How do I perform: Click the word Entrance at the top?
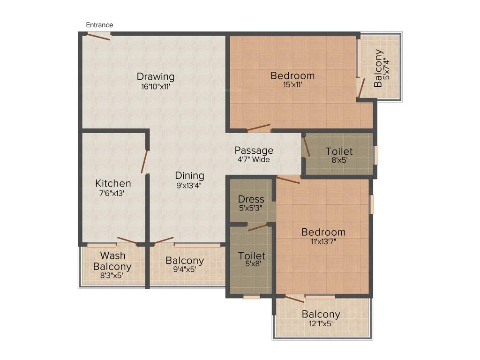tap(99, 25)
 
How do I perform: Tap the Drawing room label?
tap(156, 76)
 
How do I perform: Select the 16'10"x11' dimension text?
tap(156, 86)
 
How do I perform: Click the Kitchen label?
tap(113, 183)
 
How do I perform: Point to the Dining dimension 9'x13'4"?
tap(190, 185)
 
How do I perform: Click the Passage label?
tap(254, 150)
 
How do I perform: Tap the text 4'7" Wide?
tap(254, 159)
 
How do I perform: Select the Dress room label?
tap(251, 199)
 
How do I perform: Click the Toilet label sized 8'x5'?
tap(339, 151)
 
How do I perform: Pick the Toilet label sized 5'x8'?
tap(252, 256)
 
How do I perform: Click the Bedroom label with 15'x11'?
tap(292, 75)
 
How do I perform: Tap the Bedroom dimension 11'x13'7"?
tap(323, 241)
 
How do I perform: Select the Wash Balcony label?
tap(112, 261)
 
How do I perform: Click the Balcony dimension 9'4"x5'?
tap(185, 270)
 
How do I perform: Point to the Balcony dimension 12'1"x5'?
tap(321, 323)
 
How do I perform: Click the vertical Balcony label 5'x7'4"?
tap(378, 68)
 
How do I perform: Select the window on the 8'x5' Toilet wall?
tap(375, 155)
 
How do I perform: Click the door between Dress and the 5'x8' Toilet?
tap(257, 227)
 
